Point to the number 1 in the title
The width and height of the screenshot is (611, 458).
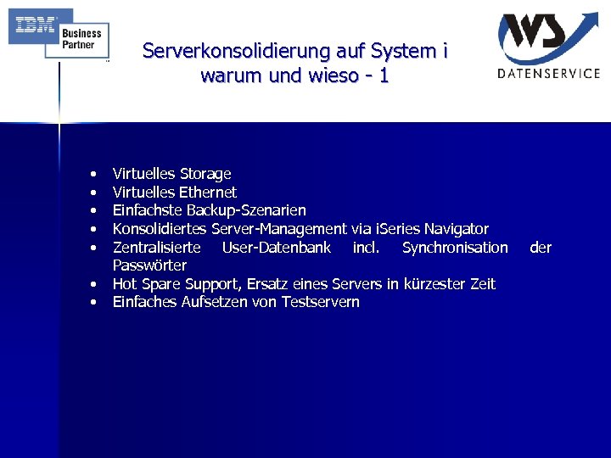[x=384, y=75]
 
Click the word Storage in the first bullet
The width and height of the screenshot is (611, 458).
[x=205, y=174]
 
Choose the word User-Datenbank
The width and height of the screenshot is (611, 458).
[x=276, y=248]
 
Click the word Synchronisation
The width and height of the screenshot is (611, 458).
[x=455, y=248]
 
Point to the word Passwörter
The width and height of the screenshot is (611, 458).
[x=149, y=265]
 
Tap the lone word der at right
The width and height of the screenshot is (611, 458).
[x=541, y=248]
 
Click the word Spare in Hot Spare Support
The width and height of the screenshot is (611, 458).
[x=160, y=284]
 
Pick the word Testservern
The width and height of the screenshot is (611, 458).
[x=321, y=302]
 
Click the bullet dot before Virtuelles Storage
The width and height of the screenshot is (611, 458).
[x=91, y=175]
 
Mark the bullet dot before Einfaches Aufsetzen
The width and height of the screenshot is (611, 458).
[x=91, y=303]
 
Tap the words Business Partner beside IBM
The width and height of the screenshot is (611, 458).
[x=81, y=39]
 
